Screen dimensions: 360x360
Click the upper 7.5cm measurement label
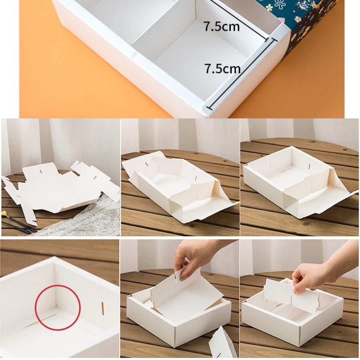[x=222, y=26]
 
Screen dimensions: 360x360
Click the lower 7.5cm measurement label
[x=222, y=68]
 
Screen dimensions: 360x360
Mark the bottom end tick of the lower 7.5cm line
[x=209, y=108]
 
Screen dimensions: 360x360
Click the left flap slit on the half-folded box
[x=147, y=164]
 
